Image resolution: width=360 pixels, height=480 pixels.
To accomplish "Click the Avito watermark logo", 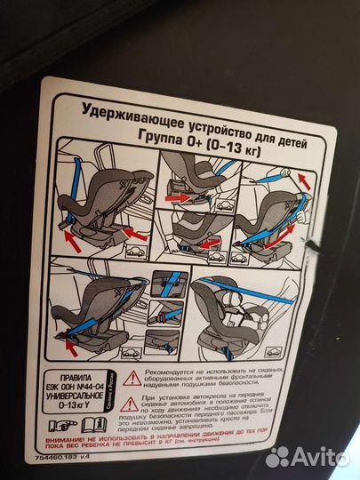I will coord(308,456).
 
